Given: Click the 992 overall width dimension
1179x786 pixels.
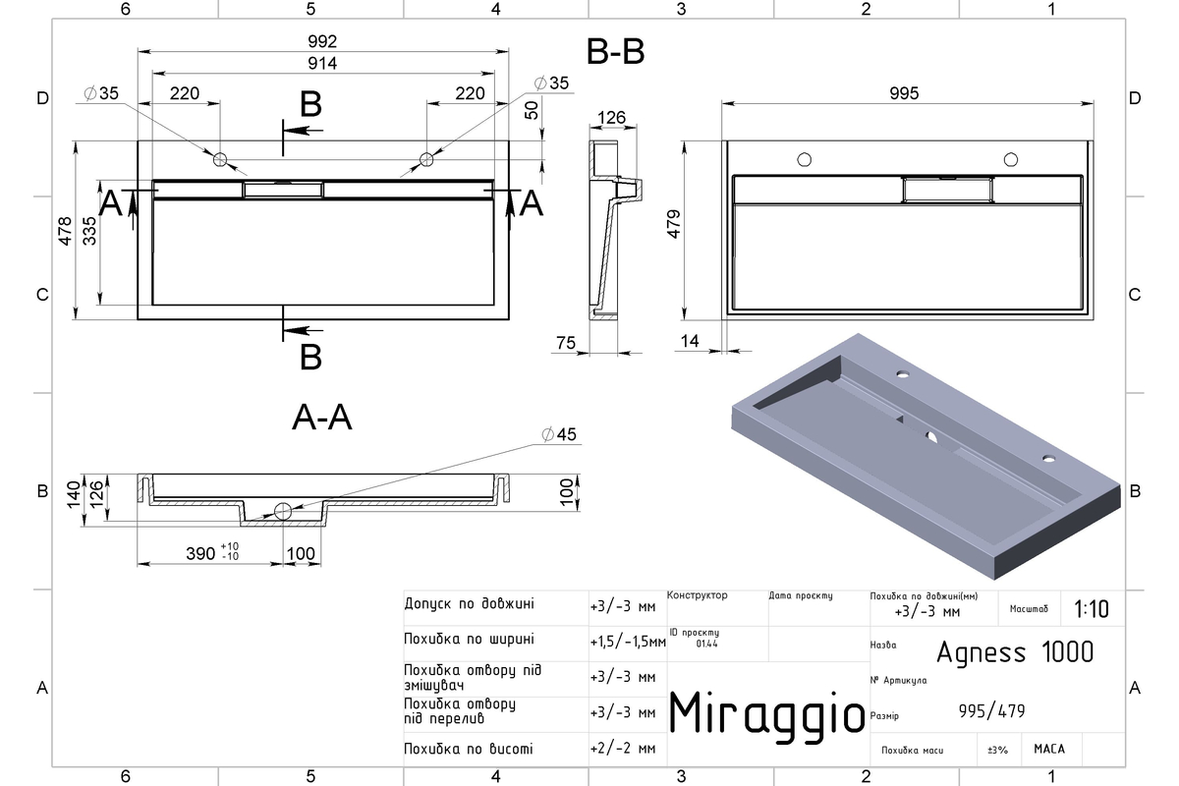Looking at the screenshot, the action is pos(322,41).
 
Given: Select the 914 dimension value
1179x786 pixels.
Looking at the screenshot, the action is pos(322,63).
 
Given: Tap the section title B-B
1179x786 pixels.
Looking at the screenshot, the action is pos(615,52).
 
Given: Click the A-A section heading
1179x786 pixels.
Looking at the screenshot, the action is pos(321,418).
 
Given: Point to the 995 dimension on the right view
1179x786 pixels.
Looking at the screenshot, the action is pos(904,93).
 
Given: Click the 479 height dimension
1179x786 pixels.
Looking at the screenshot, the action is pos(674,224).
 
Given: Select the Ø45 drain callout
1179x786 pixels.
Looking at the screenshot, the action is pos(559,434).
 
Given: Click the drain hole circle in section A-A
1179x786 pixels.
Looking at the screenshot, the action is pos(283,511).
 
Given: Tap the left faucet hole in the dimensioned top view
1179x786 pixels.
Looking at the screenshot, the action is pos(220,159).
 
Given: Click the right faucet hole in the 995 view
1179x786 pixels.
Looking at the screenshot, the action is pos(1011,159).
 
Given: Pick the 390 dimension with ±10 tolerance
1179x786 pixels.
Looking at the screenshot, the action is pos(212,552).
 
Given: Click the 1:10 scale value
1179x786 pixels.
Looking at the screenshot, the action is pos(1092,609).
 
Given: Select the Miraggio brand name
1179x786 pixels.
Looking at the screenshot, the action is pos(766,715).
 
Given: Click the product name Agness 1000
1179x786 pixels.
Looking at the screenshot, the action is pos(1015,652).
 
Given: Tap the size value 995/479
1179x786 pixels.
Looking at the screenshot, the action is pos(991,711).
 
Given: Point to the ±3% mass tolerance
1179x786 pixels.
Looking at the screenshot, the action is pos(997,750).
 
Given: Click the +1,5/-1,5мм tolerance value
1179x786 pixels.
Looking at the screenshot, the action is pos(628,642).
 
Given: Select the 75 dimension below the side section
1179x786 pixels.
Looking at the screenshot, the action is pos(566,343).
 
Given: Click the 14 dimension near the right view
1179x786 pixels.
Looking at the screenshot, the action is pos(690,341).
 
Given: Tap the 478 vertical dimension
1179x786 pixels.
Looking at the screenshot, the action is pos(65,231).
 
